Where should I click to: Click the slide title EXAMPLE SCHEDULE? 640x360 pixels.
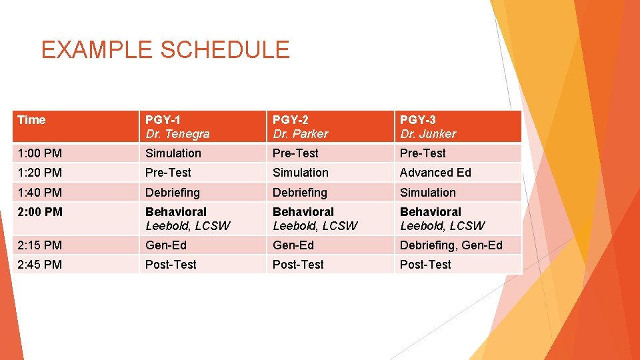pos(165,50)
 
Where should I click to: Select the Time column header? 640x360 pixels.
pos(31,120)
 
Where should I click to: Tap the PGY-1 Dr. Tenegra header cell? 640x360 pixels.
pos(177,127)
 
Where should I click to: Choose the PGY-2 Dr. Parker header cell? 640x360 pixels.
pos(301,127)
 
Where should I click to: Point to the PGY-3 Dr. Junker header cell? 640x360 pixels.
pos(428,127)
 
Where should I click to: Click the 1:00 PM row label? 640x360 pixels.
pos(39,153)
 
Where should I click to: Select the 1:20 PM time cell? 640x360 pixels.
pos(39,173)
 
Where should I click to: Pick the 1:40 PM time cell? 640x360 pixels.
pos(39,193)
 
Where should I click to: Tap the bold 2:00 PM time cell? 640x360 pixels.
pos(40,212)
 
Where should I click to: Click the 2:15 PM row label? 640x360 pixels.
pos(39,245)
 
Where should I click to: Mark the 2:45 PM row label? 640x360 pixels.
pos(39,265)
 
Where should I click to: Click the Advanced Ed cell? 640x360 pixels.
pos(435,173)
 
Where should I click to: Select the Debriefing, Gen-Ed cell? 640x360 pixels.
pos(451,245)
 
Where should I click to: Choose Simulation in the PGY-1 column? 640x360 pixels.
pos(173,153)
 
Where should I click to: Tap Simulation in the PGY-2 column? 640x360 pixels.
pos(301,173)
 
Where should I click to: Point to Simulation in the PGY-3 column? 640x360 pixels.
pos(428,193)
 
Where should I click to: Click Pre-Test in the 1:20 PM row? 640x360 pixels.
pos(168,173)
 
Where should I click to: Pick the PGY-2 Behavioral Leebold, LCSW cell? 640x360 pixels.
pos(315,219)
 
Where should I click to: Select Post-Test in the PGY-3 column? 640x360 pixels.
pos(425,265)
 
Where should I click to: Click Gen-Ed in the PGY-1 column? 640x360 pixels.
pos(166,245)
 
